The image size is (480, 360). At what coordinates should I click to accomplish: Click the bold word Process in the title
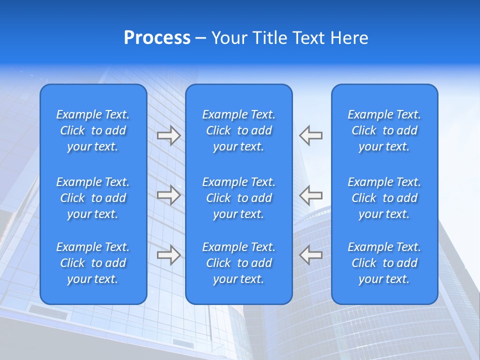(157, 38)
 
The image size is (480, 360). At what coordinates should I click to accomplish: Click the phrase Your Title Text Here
(289, 38)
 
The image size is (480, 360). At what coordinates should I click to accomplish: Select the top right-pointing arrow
(168, 135)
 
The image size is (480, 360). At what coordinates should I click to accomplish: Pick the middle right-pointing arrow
(168, 195)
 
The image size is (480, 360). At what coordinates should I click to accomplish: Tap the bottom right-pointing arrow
(168, 255)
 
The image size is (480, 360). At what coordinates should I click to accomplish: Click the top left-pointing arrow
(310, 135)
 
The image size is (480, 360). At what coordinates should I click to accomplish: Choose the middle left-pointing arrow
(310, 195)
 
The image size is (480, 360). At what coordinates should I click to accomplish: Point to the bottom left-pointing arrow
(310, 255)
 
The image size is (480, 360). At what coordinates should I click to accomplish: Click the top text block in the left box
(93, 130)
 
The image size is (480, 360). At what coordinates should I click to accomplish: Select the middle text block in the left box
(93, 198)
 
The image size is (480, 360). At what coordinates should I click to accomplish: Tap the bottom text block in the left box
(93, 263)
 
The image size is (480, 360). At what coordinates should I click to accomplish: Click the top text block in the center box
(238, 130)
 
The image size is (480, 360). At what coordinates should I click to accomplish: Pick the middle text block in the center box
(238, 198)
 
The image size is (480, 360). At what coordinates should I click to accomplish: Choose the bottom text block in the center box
(238, 263)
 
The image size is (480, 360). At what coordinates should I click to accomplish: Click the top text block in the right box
(384, 130)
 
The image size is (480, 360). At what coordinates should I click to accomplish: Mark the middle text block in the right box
(384, 198)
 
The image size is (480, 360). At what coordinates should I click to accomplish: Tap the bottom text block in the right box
(384, 263)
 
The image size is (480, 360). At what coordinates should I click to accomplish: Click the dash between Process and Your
(201, 38)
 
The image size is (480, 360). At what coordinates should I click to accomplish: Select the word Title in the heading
(270, 38)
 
